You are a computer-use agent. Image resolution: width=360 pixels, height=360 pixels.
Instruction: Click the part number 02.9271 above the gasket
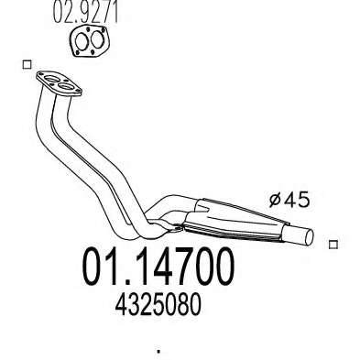click(x=85, y=12)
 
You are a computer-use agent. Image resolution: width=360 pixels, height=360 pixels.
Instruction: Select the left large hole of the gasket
click(x=82, y=41)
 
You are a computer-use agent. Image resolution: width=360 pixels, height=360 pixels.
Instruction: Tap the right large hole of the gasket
click(x=97, y=39)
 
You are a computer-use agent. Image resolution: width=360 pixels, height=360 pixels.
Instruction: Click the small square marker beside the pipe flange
click(x=27, y=65)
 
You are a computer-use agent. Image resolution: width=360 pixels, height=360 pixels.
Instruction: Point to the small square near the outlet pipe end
click(x=333, y=245)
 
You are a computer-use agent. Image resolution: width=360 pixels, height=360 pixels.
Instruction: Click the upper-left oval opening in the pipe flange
click(x=50, y=80)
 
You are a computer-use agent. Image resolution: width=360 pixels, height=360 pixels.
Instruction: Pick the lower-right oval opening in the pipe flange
click(x=65, y=86)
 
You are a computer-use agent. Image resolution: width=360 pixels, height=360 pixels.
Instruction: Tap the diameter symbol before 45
click(x=276, y=200)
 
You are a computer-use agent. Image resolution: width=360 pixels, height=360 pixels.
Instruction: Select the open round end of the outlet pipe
click(x=309, y=237)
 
